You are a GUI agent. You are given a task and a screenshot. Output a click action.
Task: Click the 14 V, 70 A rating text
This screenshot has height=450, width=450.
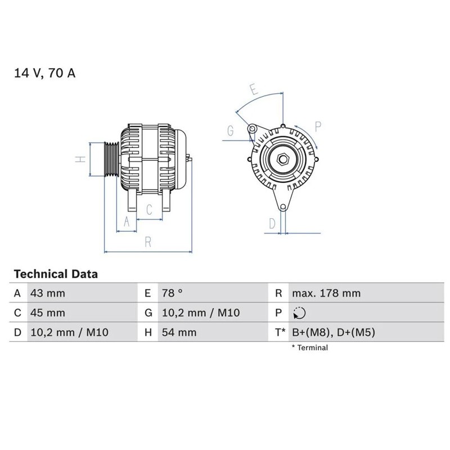coord(45,73)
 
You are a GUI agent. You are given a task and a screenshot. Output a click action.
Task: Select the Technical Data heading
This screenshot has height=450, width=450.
coord(56,274)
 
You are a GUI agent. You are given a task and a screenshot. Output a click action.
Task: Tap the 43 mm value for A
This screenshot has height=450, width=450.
coord(48,293)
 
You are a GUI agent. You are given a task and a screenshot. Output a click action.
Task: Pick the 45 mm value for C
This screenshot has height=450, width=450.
coord(48,313)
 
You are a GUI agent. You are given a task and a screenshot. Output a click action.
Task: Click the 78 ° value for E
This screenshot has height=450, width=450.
coord(172,293)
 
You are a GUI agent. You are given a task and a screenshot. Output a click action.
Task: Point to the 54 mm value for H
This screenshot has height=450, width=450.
coord(179,332)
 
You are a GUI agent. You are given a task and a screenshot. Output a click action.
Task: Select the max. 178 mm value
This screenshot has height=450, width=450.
coord(326,293)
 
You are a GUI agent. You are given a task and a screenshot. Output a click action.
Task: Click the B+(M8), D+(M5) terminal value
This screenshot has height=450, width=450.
coord(334,332)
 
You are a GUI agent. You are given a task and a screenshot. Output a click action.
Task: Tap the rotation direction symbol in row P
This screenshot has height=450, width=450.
coord(299,313)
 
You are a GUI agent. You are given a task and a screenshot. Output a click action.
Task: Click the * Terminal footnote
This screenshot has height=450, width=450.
coord(310,348)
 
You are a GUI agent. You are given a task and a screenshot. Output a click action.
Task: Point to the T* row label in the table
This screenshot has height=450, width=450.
coord(280,332)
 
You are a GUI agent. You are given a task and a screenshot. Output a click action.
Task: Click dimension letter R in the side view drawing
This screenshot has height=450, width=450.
coord(148,242)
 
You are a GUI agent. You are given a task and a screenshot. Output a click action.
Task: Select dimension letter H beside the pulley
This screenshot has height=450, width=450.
coord(80,159)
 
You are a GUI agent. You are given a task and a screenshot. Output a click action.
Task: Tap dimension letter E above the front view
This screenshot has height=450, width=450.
coord(254,89)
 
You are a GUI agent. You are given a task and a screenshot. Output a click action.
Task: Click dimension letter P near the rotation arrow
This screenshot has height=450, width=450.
coord(318,127)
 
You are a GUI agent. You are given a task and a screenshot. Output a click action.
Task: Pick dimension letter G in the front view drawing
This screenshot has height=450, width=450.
coord(231,130)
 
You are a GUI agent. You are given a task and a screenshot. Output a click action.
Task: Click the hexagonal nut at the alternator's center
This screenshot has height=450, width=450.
coord(283,159)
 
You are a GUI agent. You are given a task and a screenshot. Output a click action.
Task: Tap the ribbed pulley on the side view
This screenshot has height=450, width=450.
coord(111,159)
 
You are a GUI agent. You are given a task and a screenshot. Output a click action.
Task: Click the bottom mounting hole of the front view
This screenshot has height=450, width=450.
coord(283,206)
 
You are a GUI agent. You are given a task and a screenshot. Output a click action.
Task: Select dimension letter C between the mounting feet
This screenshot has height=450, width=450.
coord(149,209)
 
